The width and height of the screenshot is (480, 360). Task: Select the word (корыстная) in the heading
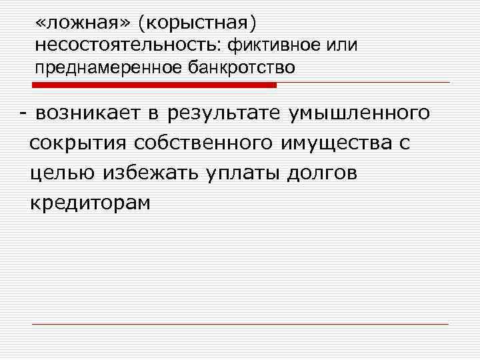coord(197,23)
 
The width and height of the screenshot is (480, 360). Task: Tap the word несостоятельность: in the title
coord(127,45)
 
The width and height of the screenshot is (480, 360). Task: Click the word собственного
coord(197,143)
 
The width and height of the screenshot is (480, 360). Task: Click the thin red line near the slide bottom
coord(240,323)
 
